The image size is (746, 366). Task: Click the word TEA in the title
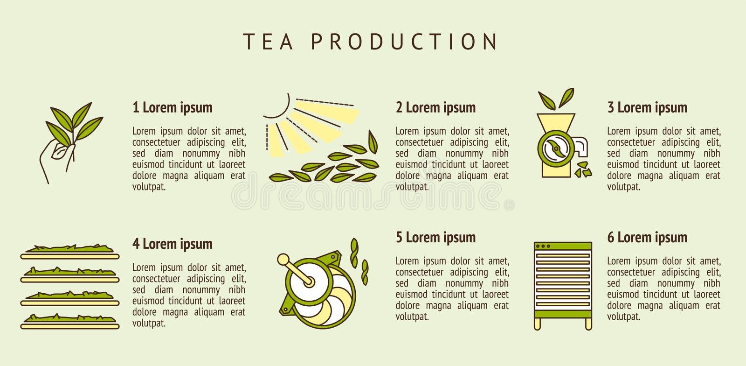pos(269,42)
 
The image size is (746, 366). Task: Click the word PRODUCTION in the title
pos(404,42)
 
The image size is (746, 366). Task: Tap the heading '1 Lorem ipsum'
pos(173,107)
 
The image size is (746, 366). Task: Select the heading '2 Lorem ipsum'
pos(436,107)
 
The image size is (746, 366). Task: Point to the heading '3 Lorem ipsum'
pos(647,107)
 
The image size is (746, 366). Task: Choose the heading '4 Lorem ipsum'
pos(173,244)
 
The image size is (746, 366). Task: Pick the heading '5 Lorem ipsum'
pos(436,237)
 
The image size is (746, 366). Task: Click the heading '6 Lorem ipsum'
pos(647,237)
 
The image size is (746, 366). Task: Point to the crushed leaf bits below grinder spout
pos(583,169)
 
